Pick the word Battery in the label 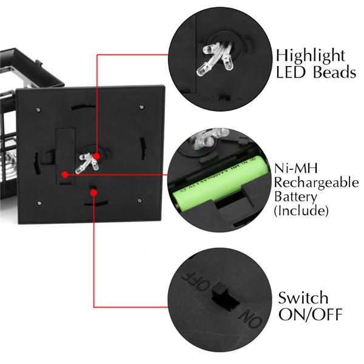pyautogui.click(x=297, y=197)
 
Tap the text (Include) pyautogui.click(x=302, y=211)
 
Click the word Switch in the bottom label pyautogui.click(x=303, y=298)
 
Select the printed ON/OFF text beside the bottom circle pyautogui.click(x=310, y=315)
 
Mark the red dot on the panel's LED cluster pyautogui.click(x=96, y=157)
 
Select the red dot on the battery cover pyautogui.click(x=65, y=174)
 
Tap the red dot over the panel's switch pyautogui.click(x=93, y=192)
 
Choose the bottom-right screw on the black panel pyautogui.click(x=140, y=201)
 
